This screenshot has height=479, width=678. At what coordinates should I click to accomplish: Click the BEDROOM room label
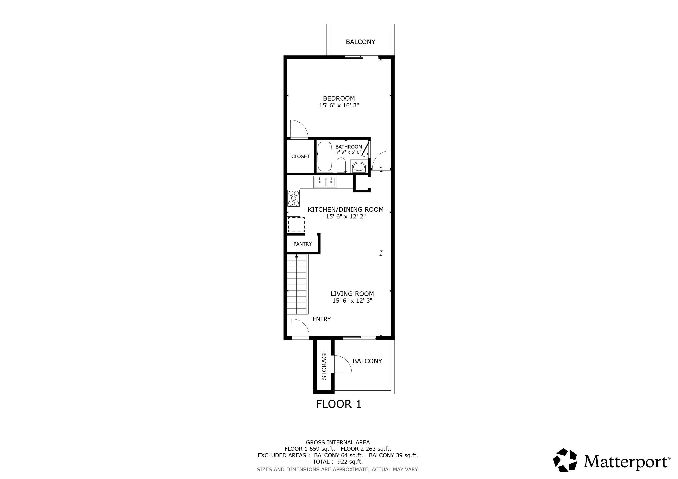click(339, 98)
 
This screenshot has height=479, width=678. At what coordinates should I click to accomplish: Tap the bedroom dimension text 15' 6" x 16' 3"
click(339, 105)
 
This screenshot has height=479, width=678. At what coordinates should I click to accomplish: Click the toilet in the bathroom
click(341, 165)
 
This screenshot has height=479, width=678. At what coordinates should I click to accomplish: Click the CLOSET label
click(300, 156)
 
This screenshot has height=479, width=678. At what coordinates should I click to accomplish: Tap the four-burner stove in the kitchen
click(294, 198)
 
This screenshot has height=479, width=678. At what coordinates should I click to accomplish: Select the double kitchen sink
click(325, 182)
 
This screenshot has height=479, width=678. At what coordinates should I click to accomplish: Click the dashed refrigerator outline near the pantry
click(296, 225)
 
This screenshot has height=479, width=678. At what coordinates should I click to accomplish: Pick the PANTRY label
click(302, 244)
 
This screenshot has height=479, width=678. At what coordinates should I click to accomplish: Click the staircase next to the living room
click(297, 285)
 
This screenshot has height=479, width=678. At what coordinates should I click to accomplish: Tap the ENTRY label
click(322, 319)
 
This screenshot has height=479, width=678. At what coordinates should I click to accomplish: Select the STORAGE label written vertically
click(324, 365)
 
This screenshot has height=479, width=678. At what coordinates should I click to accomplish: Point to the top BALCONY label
click(360, 42)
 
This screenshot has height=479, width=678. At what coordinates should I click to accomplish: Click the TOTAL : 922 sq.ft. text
click(338, 462)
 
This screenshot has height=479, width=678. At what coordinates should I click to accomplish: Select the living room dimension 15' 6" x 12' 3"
click(352, 301)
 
